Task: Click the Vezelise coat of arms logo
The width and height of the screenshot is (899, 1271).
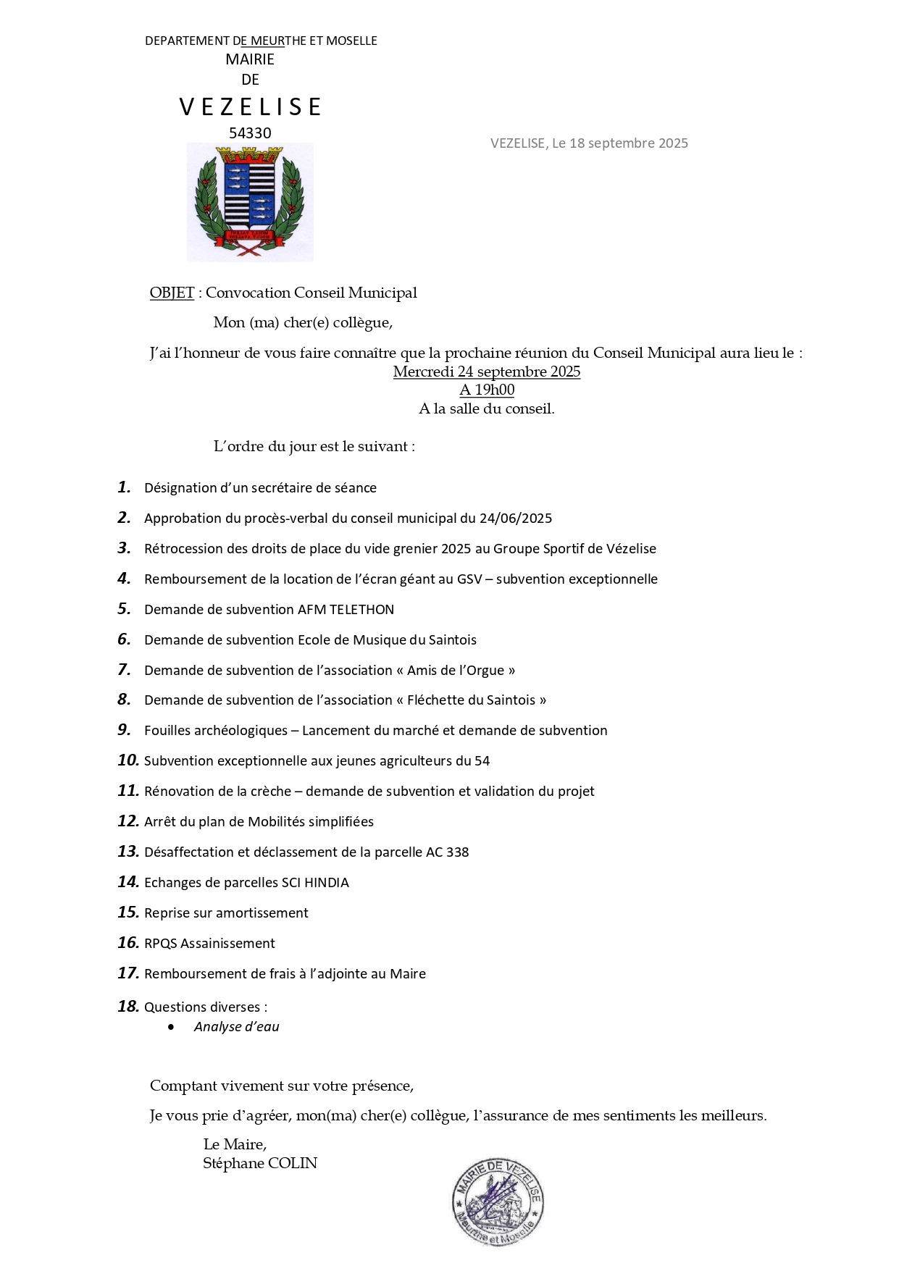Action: [250, 202]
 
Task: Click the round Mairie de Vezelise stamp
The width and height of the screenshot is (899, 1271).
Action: [498, 1201]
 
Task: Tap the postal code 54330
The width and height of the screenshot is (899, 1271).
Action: [250, 133]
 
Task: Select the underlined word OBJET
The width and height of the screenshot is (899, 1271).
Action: [172, 293]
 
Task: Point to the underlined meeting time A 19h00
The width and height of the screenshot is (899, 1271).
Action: [487, 390]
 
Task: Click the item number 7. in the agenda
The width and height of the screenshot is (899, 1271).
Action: [125, 670]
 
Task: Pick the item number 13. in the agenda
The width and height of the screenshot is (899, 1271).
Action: [128, 852]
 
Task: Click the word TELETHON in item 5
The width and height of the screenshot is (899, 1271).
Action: [361, 610]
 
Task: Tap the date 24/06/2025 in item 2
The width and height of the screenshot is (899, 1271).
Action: [516, 519]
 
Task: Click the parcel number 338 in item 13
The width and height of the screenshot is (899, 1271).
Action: [457, 852]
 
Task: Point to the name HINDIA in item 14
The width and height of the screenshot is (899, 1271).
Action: [326, 883]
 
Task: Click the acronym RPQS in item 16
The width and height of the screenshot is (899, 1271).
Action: [160, 944]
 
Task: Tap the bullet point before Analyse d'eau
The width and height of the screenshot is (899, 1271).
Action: [171, 1027]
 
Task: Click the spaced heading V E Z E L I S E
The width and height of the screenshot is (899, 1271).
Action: [250, 107]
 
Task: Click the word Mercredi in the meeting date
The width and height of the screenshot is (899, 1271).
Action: [423, 372]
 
